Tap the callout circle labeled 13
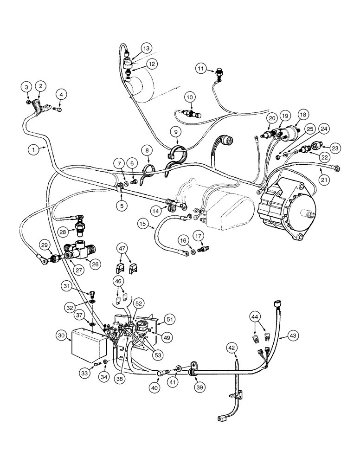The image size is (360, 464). (x=146, y=49)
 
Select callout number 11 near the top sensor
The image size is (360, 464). (x=200, y=69)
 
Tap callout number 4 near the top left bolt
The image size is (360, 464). (x=60, y=95)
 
